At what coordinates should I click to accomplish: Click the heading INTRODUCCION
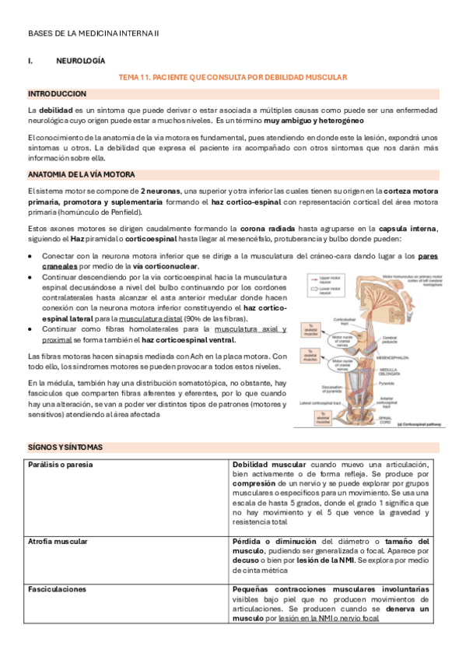(x=57, y=93)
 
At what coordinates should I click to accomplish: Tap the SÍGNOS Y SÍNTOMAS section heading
(x=65, y=448)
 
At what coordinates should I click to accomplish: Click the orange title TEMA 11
(x=231, y=78)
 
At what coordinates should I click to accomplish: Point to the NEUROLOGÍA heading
(x=81, y=61)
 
